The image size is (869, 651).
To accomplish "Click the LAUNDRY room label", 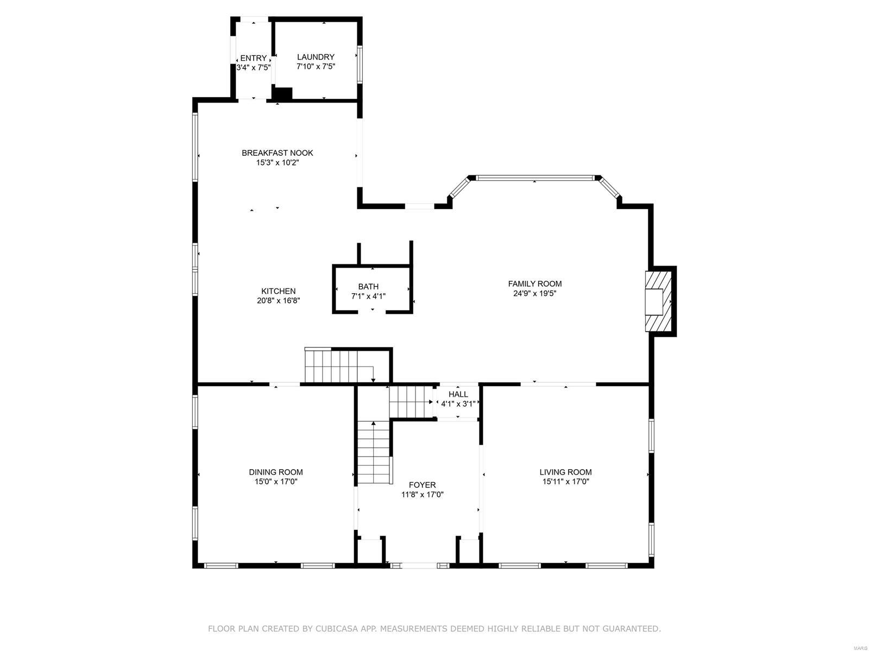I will [x=316, y=57].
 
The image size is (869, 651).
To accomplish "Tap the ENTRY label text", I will [x=253, y=58].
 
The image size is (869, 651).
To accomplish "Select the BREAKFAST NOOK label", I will [x=277, y=153].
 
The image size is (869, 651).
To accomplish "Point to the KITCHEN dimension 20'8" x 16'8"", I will [x=278, y=300].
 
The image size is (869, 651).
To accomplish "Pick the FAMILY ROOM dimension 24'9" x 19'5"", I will [x=534, y=293].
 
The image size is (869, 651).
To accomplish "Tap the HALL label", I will [x=458, y=394].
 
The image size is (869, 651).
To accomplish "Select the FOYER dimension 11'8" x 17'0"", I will [x=423, y=495].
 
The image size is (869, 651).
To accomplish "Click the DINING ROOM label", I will [x=276, y=472].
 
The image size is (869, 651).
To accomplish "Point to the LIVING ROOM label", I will [x=565, y=472].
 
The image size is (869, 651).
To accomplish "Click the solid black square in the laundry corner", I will [x=282, y=93].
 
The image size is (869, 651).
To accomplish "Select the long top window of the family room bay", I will [x=534, y=178].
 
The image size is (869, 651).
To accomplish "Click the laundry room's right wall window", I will [x=359, y=65].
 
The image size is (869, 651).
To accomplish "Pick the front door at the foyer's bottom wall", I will [x=419, y=566].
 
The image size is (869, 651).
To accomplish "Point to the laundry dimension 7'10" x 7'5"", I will [x=316, y=67].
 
